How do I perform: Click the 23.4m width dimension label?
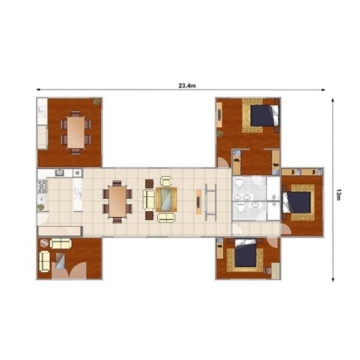187,86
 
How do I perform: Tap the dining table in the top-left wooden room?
76,130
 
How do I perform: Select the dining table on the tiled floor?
117,200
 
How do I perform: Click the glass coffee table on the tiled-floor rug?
166,199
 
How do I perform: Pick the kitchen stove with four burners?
41,189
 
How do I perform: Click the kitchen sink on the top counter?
60,173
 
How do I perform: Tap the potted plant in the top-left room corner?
96,103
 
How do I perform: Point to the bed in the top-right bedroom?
263,115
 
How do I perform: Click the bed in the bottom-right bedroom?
246,255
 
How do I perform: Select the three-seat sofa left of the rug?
148,199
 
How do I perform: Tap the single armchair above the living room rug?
166,181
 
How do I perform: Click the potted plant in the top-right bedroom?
220,133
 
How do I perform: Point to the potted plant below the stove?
41,207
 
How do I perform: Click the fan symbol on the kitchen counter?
77,173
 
